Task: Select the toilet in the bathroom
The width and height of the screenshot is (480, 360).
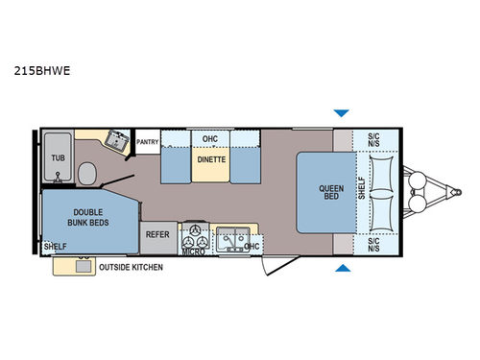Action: (87, 174)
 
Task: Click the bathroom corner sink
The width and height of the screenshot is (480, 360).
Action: (117, 140)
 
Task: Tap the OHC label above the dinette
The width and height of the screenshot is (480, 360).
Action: (209, 137)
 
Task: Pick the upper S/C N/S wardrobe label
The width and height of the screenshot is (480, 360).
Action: (372, 140)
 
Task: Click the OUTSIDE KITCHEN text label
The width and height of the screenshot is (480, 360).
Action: (132, 267)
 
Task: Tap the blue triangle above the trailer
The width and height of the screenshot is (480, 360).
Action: (341, 113)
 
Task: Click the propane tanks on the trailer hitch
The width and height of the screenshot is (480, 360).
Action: (419, 192)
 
